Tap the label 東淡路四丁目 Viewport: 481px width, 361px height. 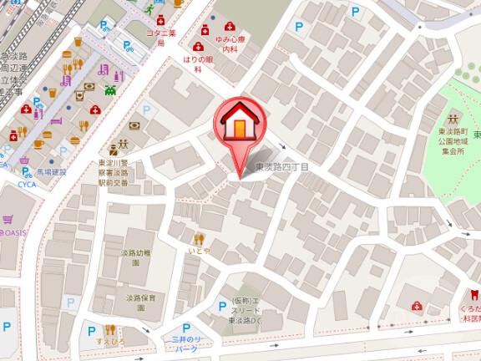281,168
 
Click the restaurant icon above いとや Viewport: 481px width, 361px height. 199,238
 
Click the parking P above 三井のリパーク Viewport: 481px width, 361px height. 186,328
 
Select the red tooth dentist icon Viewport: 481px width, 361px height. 473,294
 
